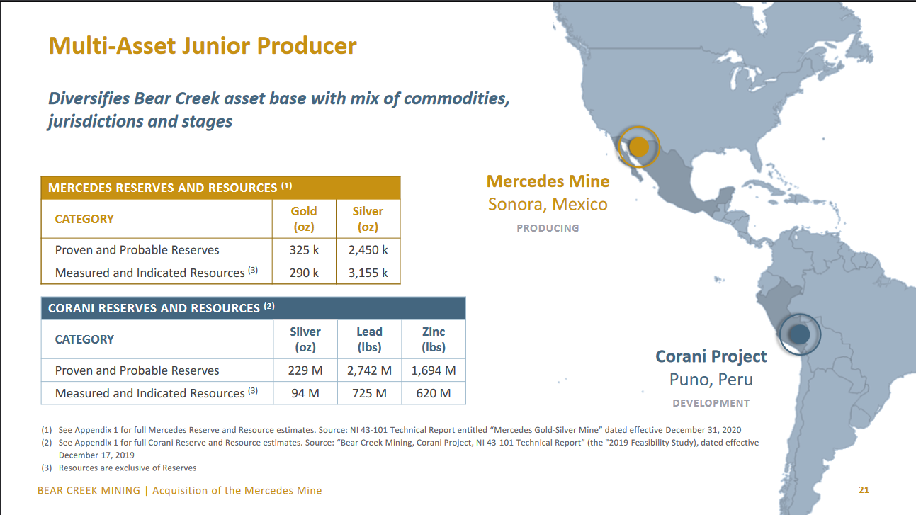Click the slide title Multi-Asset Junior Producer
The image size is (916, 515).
click(x=203, y=46)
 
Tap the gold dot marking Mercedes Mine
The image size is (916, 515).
click(x=638, y=147)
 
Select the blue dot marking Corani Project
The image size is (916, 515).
click(x=799, y=334)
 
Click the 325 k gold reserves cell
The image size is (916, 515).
click(x=304, y=250)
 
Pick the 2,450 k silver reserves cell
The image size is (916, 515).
click(x=368, y=250)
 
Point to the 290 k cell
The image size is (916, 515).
click(x=304, y=273)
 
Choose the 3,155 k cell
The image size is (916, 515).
click(x=368, y=273)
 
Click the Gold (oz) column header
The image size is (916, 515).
click(x=304, y=219)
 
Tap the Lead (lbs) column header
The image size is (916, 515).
click(x=369, y=339)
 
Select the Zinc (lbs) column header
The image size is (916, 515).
click(x=434, y=339)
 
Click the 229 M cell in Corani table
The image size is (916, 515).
click(x=305, y=370)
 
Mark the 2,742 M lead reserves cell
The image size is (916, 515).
click(x=369, y=370)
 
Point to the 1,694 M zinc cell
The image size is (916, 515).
click(x=434, y=370)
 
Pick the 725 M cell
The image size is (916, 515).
click(x=369, y=393)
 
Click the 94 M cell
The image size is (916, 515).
click(x=305, y=393)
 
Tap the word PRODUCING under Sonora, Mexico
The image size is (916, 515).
click(x=548, y=228)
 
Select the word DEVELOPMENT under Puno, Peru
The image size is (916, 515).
click(x=711, y=403)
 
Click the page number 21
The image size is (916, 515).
click(x=864, y=490)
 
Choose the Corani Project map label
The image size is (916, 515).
click(x=711, y=356)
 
